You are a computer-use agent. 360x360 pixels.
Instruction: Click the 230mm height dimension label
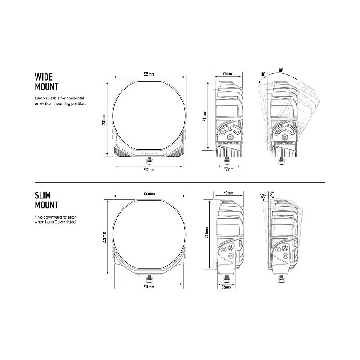tap(104, 119)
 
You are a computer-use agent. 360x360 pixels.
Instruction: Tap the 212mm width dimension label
tap(149, 170)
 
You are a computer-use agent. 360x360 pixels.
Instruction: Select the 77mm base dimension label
tap(229, 170)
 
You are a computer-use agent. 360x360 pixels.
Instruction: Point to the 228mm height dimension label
tap(104, 237)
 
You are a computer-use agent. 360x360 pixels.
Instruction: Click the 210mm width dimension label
tap(149, 287)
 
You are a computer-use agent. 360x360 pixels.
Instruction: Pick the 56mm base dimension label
tap(226, 287)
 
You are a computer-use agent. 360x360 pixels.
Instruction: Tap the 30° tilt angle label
tap(281, 71)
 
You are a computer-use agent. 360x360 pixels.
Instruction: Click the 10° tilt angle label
tap(263, 74)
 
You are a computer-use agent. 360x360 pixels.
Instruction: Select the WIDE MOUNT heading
tap(46, 82)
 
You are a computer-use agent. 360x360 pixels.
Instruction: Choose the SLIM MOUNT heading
tap(46, 200)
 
